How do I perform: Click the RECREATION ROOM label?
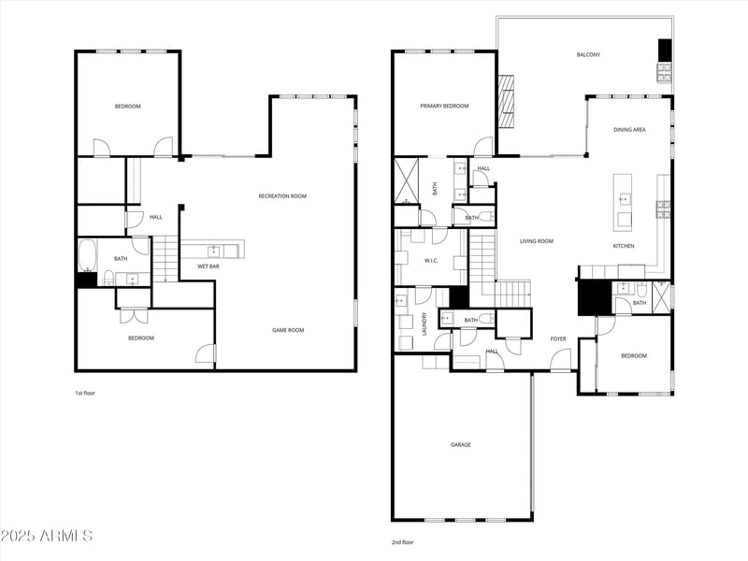point(282,196)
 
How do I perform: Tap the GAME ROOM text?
point(288,330)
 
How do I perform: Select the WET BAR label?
point(208,266)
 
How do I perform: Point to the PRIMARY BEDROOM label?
point(444,107)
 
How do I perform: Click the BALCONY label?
point(588,55)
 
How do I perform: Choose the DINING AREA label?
point(629,130)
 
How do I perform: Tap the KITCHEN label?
point(624,246)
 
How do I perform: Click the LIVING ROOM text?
point(537,241)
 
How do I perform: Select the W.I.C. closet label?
point(431,261)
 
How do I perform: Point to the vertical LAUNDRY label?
point(424,324)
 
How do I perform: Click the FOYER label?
point(558,338)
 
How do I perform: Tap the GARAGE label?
point(461,444)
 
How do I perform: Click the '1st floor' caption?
point(85,393)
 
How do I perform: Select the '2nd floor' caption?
point(402,542)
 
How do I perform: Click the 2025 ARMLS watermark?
point(47,536)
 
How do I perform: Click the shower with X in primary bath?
point(406,180)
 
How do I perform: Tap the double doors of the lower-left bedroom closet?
point(134,297)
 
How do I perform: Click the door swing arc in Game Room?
point(206,354)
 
